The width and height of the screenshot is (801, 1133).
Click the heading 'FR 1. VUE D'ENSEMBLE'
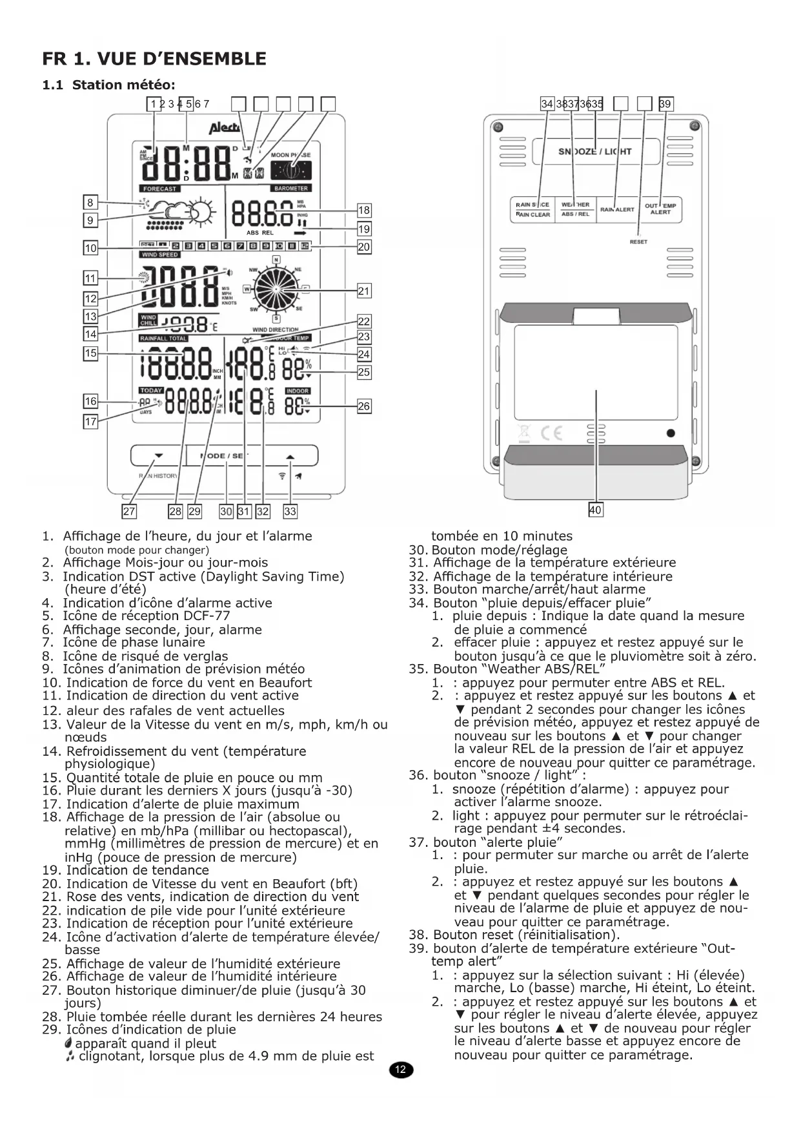pyautogui.click(x=154, y=59)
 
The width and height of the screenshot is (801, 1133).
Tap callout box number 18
pyautogui.click(x=364, y=210)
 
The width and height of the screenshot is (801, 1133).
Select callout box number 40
pyautogui.click(x=595, y=510)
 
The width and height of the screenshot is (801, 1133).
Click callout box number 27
pyautogui.click(x=129, y=512)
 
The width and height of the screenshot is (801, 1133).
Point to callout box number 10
pyautogui.click(x=91, y=248)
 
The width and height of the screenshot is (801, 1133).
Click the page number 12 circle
pyautogui.click(x=400, y=1070)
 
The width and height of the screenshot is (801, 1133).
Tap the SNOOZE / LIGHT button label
pyautogui.click(x=594, y=152)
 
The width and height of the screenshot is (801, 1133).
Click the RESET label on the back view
pyautogui.click(x=638, y=242)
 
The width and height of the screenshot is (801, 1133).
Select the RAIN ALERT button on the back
pyautogui.click(x=617, y=209)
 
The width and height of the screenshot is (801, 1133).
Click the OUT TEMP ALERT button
pyautogui.click(x=660, y=209)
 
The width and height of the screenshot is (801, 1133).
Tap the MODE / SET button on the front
pyautogui.click(x=226, y=455)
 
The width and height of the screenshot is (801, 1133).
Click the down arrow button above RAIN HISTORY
pyautogui.click(x=158, y=455)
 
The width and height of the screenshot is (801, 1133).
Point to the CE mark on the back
pyautogui.click(x=551, y=433)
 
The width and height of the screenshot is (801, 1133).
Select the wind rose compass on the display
pyautogui.click(x=276, y=288)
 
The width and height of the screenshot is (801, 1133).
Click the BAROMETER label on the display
pyautogui.click(x=291, y=188)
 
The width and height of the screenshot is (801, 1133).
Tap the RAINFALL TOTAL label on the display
pyautogui.click(x=163, y=338)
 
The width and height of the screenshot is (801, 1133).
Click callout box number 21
pyautogui.click(x=364, y=291)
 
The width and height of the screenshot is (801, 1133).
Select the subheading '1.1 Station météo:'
pyautogui.click(x=108, y=85)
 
